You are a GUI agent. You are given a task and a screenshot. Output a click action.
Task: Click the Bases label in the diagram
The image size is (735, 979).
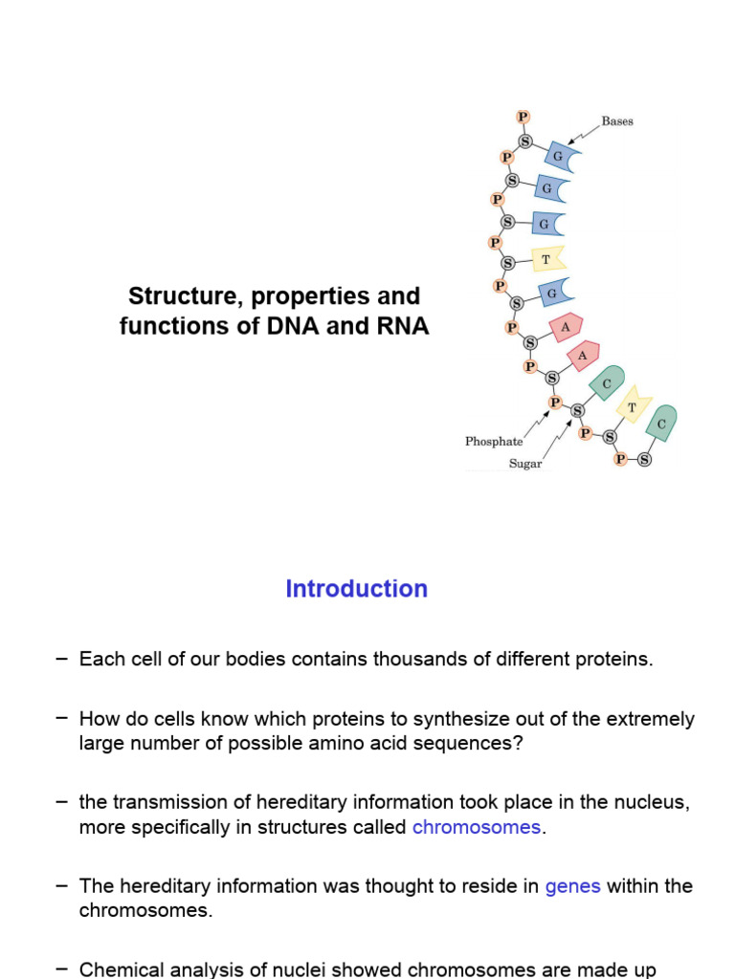pos(617,121)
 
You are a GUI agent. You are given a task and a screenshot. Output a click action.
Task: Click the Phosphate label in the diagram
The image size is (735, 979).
pos(494,442)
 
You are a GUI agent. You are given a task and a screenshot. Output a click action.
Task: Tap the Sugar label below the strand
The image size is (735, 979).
pos(525,464)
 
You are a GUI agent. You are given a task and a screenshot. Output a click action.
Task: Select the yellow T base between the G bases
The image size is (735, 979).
pos(547,258)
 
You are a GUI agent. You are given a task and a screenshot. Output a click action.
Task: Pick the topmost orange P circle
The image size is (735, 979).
pos(523,117)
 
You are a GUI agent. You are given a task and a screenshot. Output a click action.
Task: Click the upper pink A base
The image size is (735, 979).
pos(566,326)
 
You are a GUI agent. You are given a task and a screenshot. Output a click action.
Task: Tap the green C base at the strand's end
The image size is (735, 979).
pos(661,422)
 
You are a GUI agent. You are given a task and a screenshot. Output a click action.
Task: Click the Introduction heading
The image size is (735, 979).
pos(356,589)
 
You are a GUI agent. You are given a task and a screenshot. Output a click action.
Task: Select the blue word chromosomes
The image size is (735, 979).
pos(476,827)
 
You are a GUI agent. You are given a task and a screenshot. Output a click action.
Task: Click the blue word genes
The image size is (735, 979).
pos(572,886)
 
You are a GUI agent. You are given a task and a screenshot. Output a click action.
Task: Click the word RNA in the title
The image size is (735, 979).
pos(405,326)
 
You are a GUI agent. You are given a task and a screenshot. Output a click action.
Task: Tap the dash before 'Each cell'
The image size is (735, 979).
pos(62,658)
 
